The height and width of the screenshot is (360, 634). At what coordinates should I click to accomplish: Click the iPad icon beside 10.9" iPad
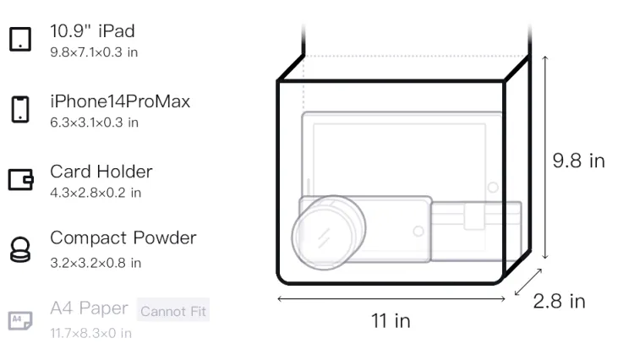click(20, 39)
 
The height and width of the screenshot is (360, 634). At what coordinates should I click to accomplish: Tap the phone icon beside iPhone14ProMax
click(20, 109)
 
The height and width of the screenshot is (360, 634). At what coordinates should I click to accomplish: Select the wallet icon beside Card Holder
click(20, 179)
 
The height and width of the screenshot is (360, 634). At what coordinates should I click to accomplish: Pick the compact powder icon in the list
click(20, 249)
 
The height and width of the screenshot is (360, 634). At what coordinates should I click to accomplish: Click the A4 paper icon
click(20, 320)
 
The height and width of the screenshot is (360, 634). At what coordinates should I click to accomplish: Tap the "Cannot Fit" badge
click(173, 311)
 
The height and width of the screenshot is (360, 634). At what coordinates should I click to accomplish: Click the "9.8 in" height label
click(578, 161)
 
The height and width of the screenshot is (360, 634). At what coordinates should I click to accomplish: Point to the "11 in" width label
click(391, 321)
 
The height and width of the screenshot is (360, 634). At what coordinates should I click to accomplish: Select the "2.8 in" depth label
click(560, 302)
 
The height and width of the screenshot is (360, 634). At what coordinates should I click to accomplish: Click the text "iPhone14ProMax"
click(120, 101)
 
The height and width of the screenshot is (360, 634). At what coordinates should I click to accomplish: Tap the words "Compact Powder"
click(123, 238)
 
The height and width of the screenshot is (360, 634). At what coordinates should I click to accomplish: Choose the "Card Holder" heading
click(101, 172)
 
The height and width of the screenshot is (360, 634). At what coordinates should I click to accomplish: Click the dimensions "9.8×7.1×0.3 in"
click(94, 52)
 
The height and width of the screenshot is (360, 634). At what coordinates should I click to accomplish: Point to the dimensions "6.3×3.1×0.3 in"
click(94, 123)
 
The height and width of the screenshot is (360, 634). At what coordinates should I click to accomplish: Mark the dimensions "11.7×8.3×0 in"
click(91, 333)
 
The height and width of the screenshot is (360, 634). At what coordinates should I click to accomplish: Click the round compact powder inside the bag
click(328, 232)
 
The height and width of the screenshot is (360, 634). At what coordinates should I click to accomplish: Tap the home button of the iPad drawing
click(493, 187)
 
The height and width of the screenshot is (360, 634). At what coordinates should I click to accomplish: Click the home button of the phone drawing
click(418, 231)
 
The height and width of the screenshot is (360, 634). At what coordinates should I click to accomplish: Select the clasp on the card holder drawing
click(474, 216)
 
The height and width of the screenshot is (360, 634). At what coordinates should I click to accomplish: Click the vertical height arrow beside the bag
click(545, 157)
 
